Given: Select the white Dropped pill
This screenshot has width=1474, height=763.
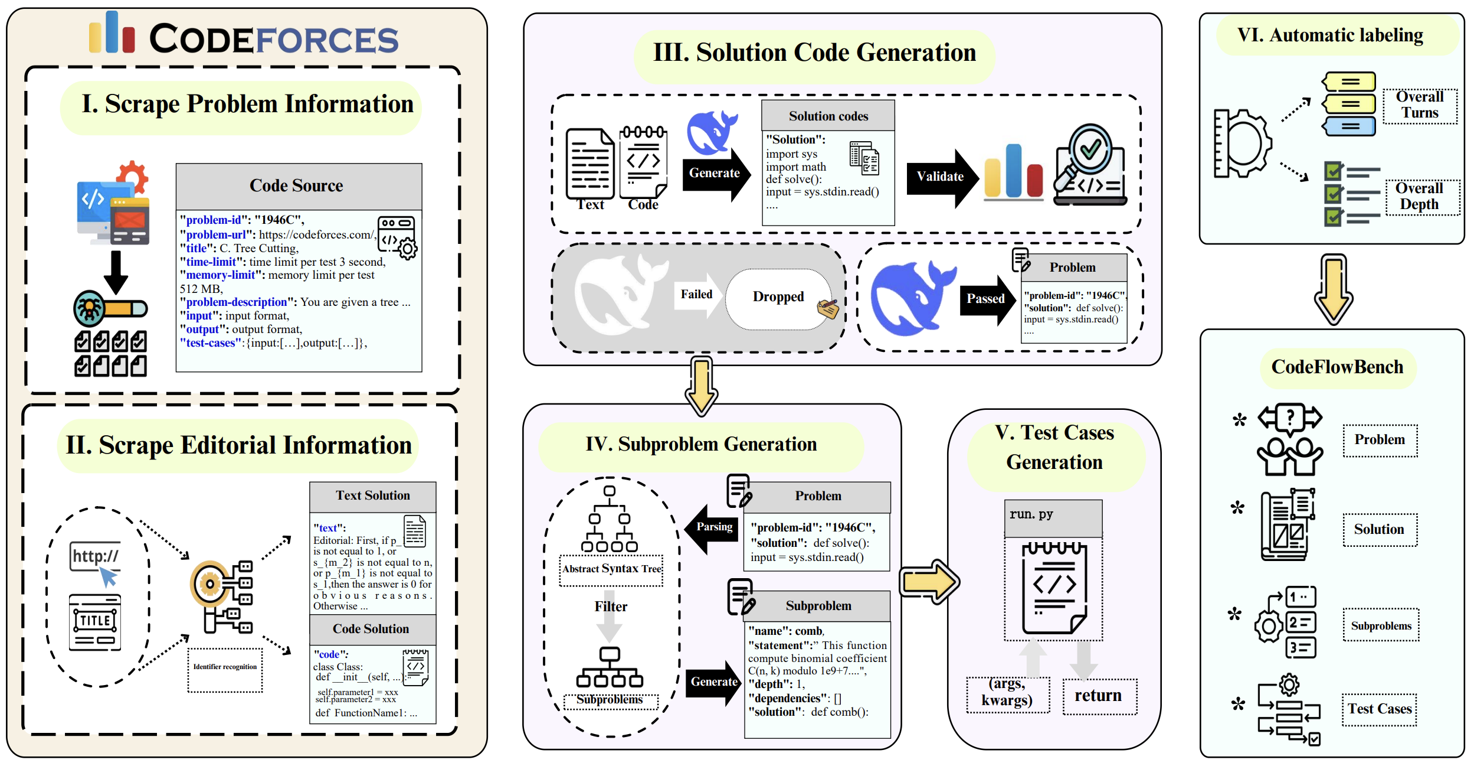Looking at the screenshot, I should pyautogui.click(x=778, y=297).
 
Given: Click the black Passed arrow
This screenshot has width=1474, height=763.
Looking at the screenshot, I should pyautogui.click(x=987, y=299).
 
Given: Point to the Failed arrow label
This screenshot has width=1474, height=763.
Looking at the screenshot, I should pyautogui.click(x=697, y=294).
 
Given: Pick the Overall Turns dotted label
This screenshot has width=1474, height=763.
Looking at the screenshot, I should pyautogui.click(x=1420, y=105).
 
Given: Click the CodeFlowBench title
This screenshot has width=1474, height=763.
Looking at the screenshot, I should pyautogui.click(x=1337, y=367).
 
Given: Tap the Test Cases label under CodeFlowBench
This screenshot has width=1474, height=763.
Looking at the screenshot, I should pyautogui.click(x=1380, y=709).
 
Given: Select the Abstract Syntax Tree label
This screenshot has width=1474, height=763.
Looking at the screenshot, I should pyautogui.click(x=611, y=569).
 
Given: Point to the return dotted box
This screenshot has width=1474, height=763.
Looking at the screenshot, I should pyautogui.click(x=1099, y=696).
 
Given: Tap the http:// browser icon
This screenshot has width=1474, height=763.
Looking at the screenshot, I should pyautogui.click(x=96, y=557).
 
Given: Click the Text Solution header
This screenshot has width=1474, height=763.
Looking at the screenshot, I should pyautogui.click(x=373, y=496).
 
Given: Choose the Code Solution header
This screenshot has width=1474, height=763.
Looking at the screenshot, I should pyautogui.click(x=372, y=630).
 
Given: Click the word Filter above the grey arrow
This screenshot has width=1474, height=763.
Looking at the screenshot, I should pyautogui.click(x=611, y=607).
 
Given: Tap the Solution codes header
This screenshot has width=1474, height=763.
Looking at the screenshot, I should pyautogui.click(x=828, y=116).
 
